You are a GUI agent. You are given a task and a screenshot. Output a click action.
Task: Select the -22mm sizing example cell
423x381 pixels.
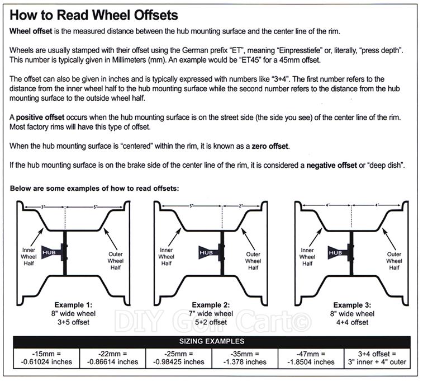(x=112, y=358)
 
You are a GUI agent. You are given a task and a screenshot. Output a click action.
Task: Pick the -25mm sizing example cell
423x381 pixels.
(x=178, y=358)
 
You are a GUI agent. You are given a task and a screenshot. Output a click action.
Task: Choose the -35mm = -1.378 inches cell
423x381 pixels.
(x=244, y=358)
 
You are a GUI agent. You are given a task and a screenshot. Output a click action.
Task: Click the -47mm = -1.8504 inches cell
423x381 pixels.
(x=310, y=358)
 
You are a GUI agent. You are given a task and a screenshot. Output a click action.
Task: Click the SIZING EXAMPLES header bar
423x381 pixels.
(x=211, y=341)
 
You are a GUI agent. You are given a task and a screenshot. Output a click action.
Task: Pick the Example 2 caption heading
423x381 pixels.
(x=211, y=305)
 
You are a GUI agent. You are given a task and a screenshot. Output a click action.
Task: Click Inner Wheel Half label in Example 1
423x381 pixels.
(x=29, y=257)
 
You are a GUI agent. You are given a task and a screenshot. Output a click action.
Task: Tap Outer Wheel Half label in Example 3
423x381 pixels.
(x=394, y=261)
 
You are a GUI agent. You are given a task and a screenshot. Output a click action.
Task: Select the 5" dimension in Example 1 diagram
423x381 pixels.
(x=96, y=207)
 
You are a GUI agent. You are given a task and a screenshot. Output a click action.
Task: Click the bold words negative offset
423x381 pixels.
(x=337, y=166)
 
